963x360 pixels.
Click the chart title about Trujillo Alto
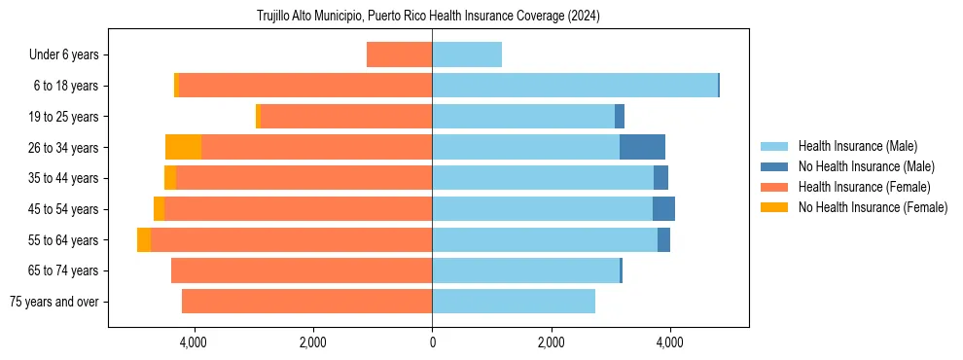click(428, 16)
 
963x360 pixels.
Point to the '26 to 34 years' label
click(63, 147)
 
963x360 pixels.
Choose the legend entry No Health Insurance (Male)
click(866, 166)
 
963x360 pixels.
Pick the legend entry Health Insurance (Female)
click(864, 187)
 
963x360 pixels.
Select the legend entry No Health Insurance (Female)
click(873, 207)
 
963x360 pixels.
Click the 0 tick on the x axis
click(432, 342)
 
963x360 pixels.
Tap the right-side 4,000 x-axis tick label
click(669, 342)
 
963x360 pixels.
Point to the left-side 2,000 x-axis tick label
click(312, 342)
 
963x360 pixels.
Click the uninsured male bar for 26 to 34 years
click(642, 147)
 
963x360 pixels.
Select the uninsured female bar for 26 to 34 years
click(183, 147)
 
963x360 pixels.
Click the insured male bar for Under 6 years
click(467, 54)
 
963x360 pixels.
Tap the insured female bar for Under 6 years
click(399, 54)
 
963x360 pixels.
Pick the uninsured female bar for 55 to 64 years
click(144, 239)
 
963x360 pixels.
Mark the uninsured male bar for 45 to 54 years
click(663, 209)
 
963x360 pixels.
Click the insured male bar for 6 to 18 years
click(574, 86)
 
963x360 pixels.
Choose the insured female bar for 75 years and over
click(306, 302)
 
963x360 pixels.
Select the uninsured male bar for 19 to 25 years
click(620, 117)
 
